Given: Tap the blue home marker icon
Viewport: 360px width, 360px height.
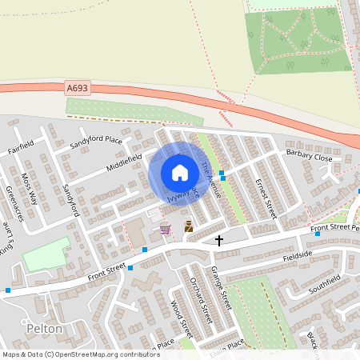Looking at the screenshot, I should (179, 173).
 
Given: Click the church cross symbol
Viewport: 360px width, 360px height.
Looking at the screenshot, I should (219, 239).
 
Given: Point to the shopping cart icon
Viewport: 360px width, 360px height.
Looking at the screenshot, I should (165, 229).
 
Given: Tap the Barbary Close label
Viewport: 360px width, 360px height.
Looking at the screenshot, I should (309, 157).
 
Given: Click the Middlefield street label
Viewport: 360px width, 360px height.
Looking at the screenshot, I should (123, 162).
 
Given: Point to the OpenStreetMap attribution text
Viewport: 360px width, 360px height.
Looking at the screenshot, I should (70, 354).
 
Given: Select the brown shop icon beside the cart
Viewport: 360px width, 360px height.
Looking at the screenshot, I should (188, 226).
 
